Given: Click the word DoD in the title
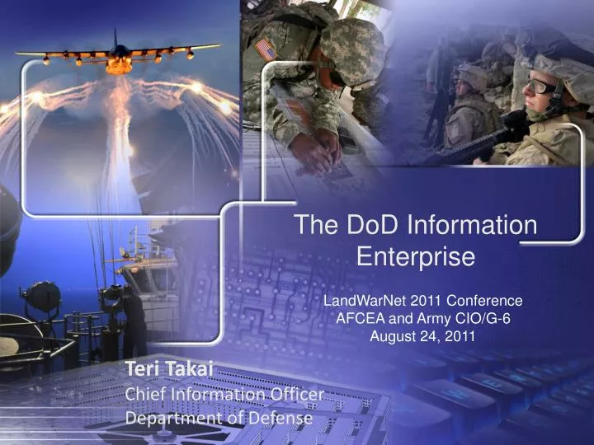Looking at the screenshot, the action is (x=372, y=224).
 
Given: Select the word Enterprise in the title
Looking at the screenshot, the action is (x=416, y=256).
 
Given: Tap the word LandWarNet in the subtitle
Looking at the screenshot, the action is (x=365, y=301).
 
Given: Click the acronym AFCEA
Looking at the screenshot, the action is (x=361, y=319).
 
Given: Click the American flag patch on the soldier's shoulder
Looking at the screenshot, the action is (x=266, y=50).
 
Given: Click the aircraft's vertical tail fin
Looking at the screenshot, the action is (x=115, y=37).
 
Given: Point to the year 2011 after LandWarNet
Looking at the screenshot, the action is (x=427, y=301).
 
